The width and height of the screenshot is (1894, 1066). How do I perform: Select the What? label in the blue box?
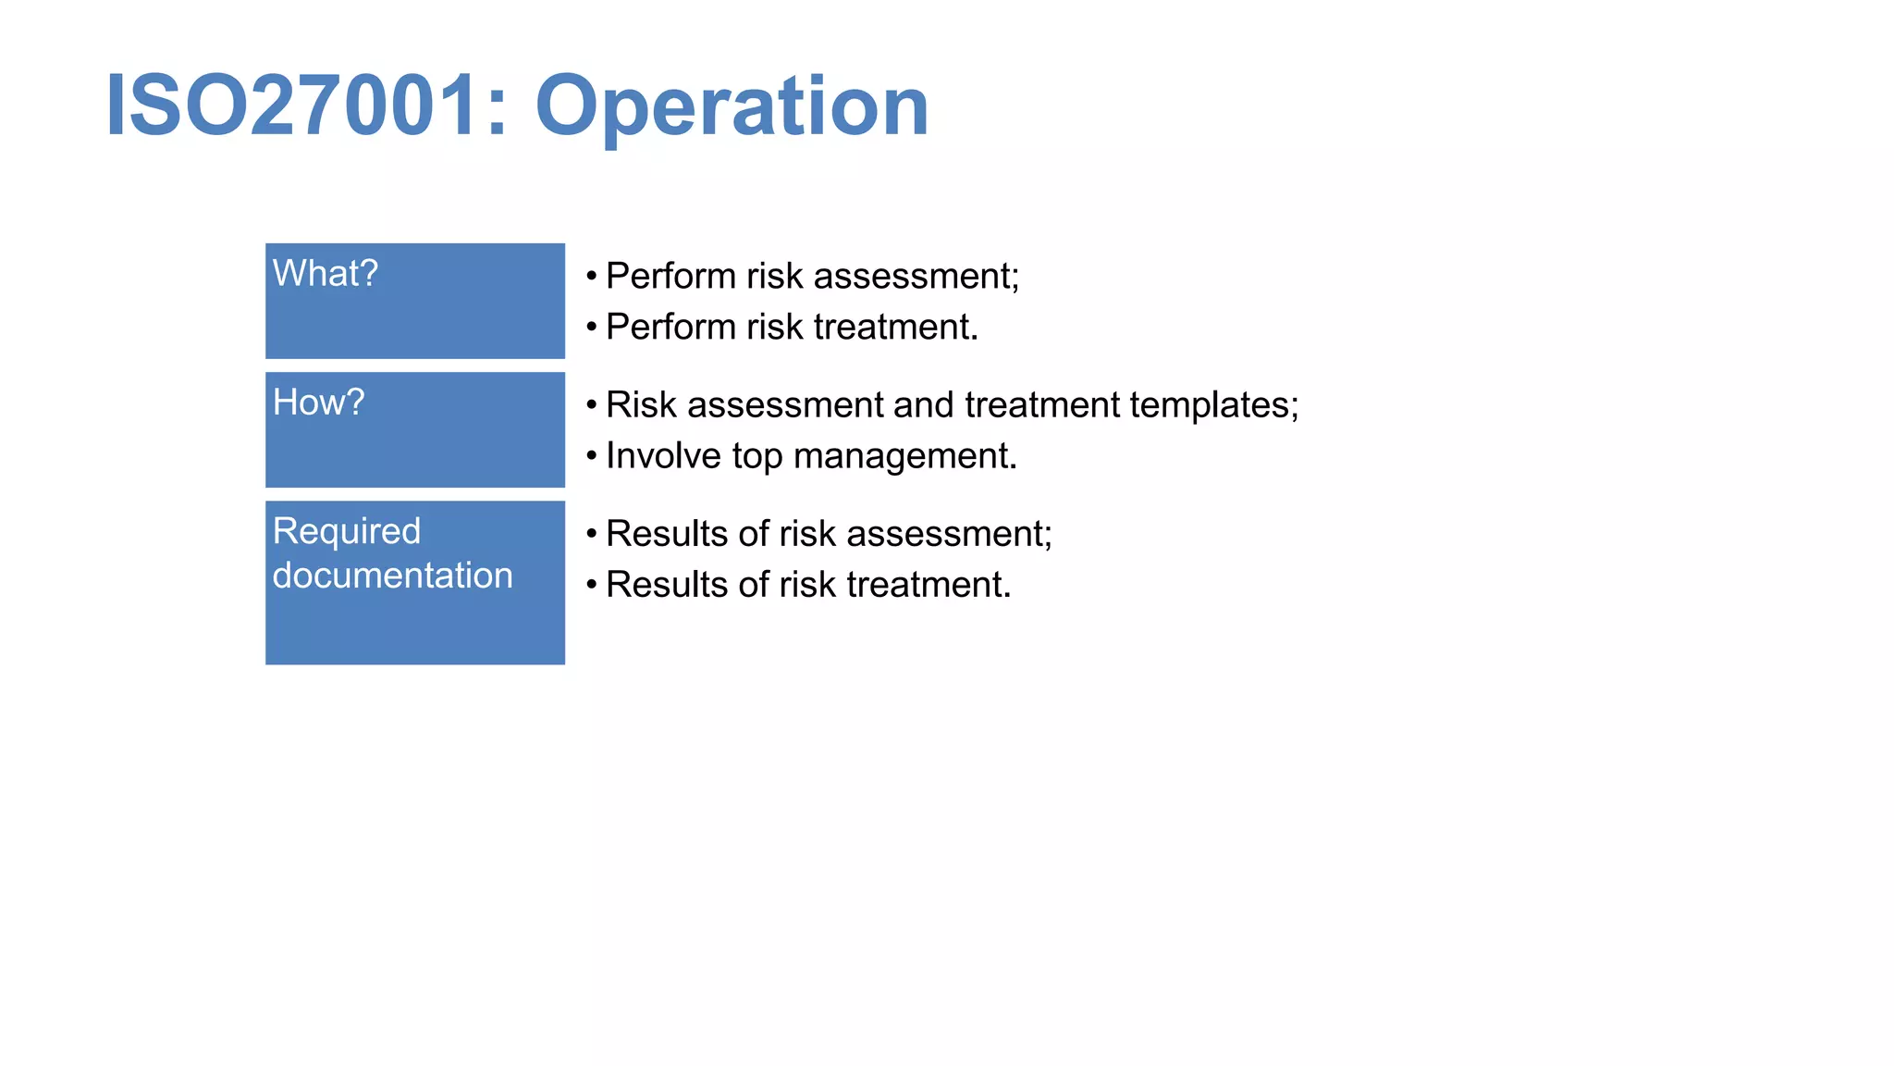click(x=326, y=274)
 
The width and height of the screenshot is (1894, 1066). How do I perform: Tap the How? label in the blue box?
click(x=319, y=403)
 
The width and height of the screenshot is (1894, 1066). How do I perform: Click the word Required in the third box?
click(x=347, y=531)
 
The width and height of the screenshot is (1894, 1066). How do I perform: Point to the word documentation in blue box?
click(x=392, y=576)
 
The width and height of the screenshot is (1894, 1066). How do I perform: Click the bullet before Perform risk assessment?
click(x=592, y=276)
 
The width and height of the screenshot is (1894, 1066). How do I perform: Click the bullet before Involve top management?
click(x=592, y=455)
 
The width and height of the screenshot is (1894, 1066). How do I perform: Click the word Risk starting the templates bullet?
click(x=641, y=405)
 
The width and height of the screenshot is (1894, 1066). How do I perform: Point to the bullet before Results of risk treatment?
click(x=592, y=585)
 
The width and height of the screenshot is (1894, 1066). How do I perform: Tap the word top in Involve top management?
click(x=756, y=456)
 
